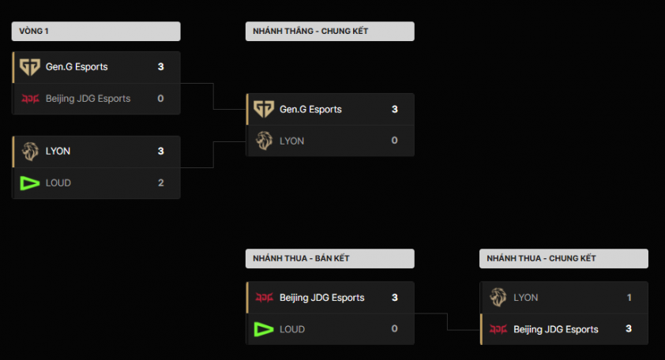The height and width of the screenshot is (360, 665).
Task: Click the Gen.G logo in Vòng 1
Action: tap(30, 67)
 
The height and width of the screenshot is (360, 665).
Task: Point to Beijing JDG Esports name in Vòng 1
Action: tap(88, 99)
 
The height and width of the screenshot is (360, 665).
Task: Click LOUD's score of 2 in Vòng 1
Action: tap(160, 182)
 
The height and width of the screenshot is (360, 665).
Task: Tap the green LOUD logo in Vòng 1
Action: tap(30, 182)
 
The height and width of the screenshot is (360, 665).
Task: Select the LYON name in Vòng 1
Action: tap(58, 151)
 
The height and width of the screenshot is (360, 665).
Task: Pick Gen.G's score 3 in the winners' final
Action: tap(395, 109)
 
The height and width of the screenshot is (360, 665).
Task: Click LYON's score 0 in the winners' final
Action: tap(395, 141)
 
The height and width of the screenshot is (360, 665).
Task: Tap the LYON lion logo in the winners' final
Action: tap(264, 141)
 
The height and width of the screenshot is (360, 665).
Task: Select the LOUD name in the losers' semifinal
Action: tap(292, 329)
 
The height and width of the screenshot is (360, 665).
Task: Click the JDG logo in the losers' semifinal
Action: tap(264, 298)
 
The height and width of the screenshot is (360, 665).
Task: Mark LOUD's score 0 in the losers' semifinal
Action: tap(395, 329)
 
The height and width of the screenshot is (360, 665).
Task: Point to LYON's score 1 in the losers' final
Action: tap(629, 298)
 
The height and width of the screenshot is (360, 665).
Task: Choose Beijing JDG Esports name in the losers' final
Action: tap(556, 329)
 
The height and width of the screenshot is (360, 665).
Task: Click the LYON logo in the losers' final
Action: tap(498, 298)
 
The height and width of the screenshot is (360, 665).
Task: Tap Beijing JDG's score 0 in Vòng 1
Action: tap(160, 99)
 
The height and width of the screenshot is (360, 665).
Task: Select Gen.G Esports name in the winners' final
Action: tap(310, 109)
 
